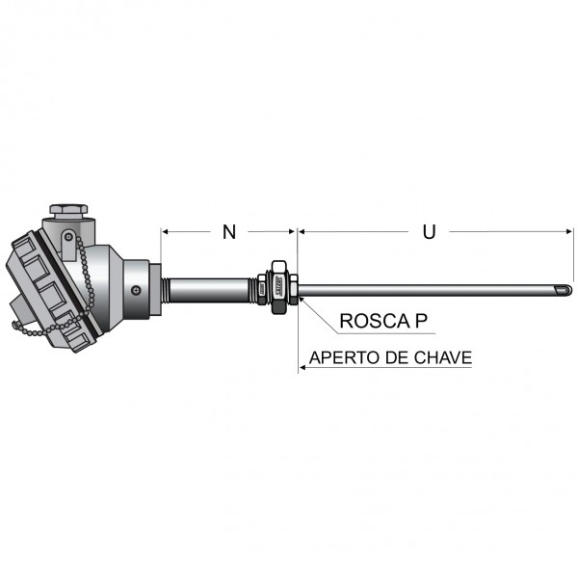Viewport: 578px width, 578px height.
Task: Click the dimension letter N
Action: (228, 231)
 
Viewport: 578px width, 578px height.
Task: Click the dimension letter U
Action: (430, 231)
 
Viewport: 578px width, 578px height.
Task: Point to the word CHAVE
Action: (441, 358)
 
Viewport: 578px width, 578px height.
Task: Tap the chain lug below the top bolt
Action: (67, 237)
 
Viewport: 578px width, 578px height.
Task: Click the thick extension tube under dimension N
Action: (212, 289)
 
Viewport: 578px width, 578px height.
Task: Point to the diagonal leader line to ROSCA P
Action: (318, 310)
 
